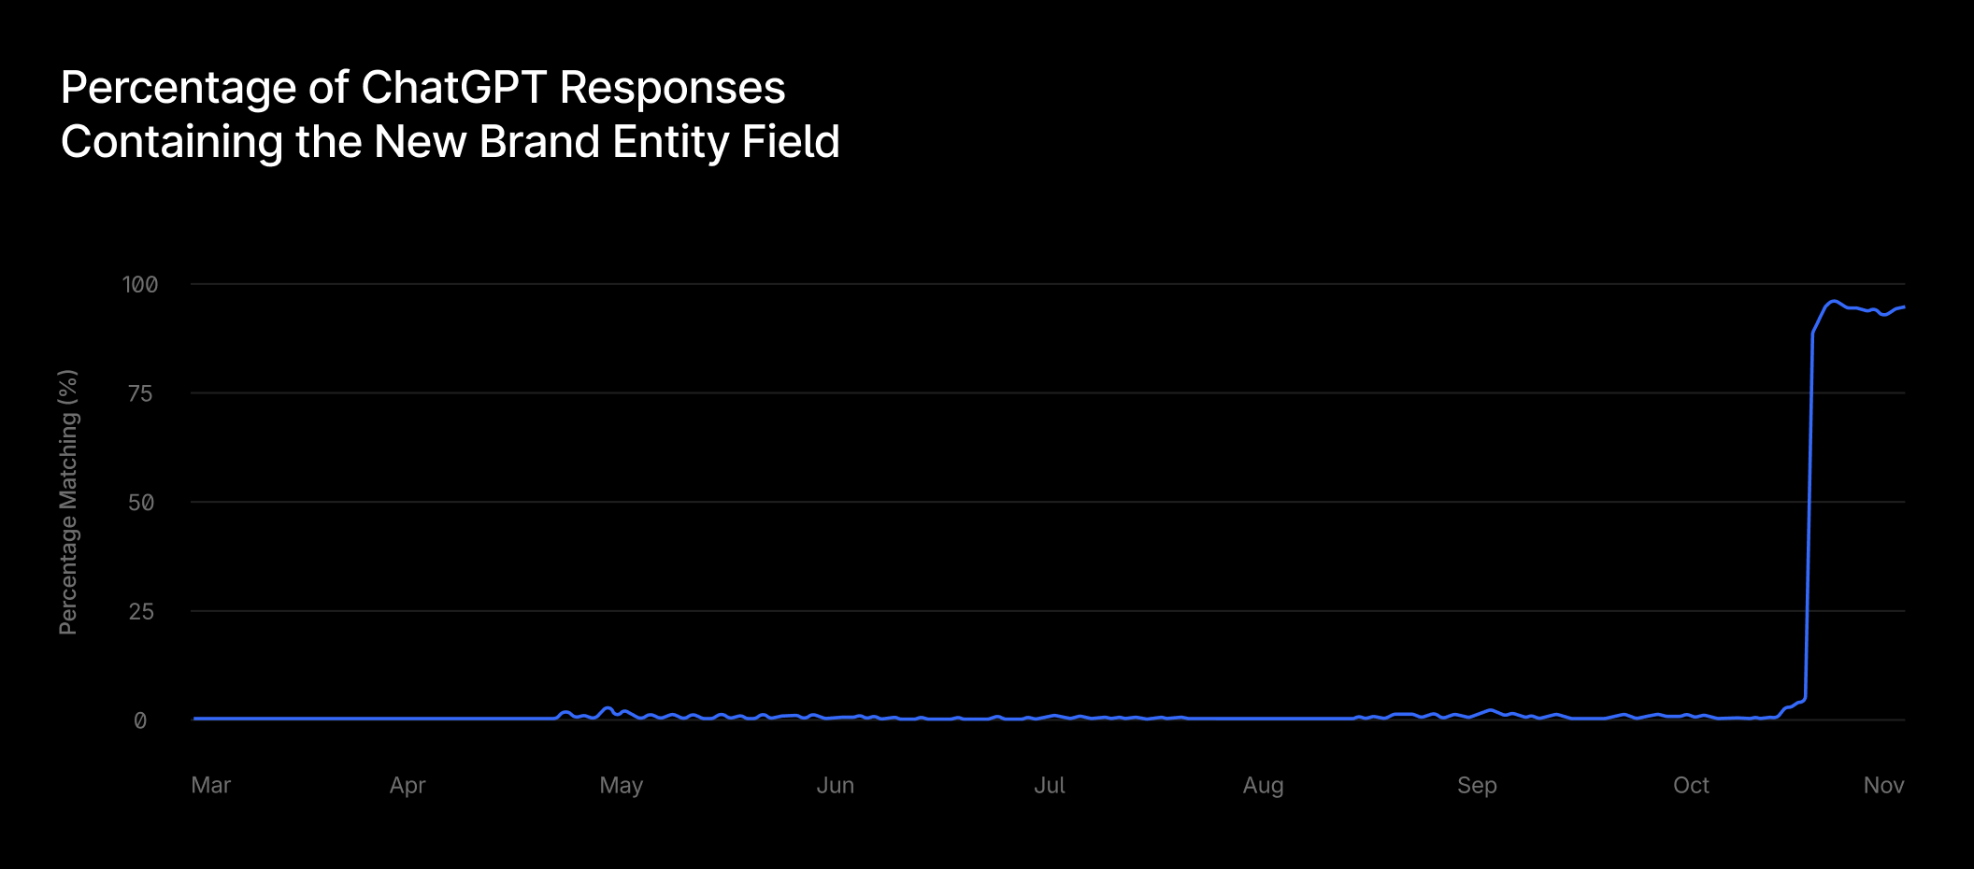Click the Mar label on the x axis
pyautogui.click(x=210, y=785)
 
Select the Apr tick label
pyautogui.click(x=408, y=785)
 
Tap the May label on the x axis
pyautogui.click(x=622, y=785)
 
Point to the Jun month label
pyautogui.click(x=836, y=785)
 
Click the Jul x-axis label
pyautogui.click(x=1050, y=785)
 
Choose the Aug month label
pyautogui.click(x=1263, y=785)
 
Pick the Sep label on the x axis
pyautogui.click(x=1477, y=785)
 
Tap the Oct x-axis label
pyautogui.click(x=1691, y=785)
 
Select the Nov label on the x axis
pyautogui.click(x=1883, y=785)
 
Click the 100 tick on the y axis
pyautogui.click(x=140, y=284)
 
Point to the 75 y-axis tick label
pyautogui.click(x=140, y=393)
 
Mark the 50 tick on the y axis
pyautogui.click(x=140, y=503)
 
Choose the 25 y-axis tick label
pyautogui.click(x=140, y=612)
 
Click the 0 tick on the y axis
pyautogui.click(x=140, y=720)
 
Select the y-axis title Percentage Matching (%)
pyautogui.click(x=68, y=502)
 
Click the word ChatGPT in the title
pyautogui.click(x=452, y=88)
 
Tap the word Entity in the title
pyautogui.click(x=670, y=142)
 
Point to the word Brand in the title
pyautogui.click(x=539, y=142)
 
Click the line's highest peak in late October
pyautogui.click(x=1835, y=301)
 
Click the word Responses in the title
pyautogui.click(x=672, y=88)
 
